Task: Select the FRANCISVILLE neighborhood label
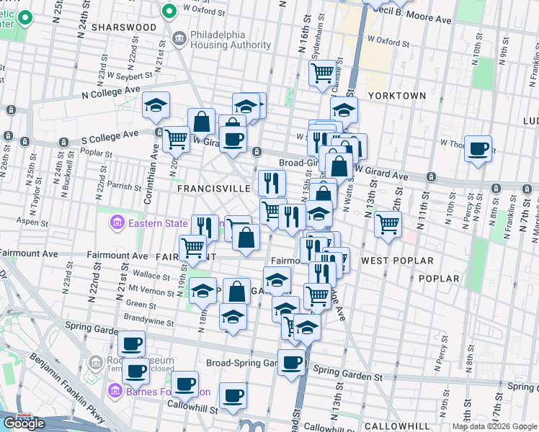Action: tap(214, 188)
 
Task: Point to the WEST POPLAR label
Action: tap(397, 260)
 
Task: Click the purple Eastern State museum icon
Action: tap(116, 223)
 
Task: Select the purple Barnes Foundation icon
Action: tap(115, 392)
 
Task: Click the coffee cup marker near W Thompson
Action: tap(478, 149)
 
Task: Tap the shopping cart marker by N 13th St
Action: tap(388, 224)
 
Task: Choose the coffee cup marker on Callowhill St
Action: tap(233, 395)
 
